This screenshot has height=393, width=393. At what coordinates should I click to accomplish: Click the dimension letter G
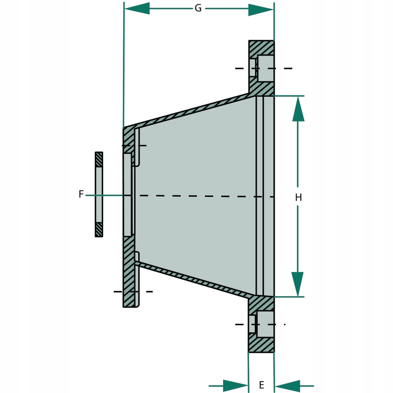pyautogui.click(x=198, y=8)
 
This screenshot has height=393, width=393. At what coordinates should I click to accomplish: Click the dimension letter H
pyautogui.click(x=298, y=197)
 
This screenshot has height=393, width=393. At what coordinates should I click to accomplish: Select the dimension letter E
pyautogui.click(x=261, y=385)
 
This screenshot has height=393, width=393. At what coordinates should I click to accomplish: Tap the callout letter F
pyautogui.click(x=81, y=195)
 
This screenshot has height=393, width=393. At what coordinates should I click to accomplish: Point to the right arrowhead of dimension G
pyautogui.click(x=261, y=8)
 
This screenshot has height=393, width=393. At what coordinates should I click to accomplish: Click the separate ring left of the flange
pyautogui.click(x=99, y=195)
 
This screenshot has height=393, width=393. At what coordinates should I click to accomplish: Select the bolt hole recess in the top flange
pyautogui.click(x=265, y=68)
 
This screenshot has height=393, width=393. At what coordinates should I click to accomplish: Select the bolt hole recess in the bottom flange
pyautogui.click(x=265, y=324)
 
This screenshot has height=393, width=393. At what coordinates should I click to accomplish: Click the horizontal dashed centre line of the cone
pyautogui.click(x=196, y=196)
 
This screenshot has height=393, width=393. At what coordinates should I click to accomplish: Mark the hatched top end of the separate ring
pyautogui.click(x=99, y=159)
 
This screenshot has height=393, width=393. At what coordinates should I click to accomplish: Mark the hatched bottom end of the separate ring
pyautogui.click(x=99, y=229)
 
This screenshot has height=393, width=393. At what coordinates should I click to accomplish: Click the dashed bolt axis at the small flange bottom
pyautogui.click(x=133, y=291)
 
